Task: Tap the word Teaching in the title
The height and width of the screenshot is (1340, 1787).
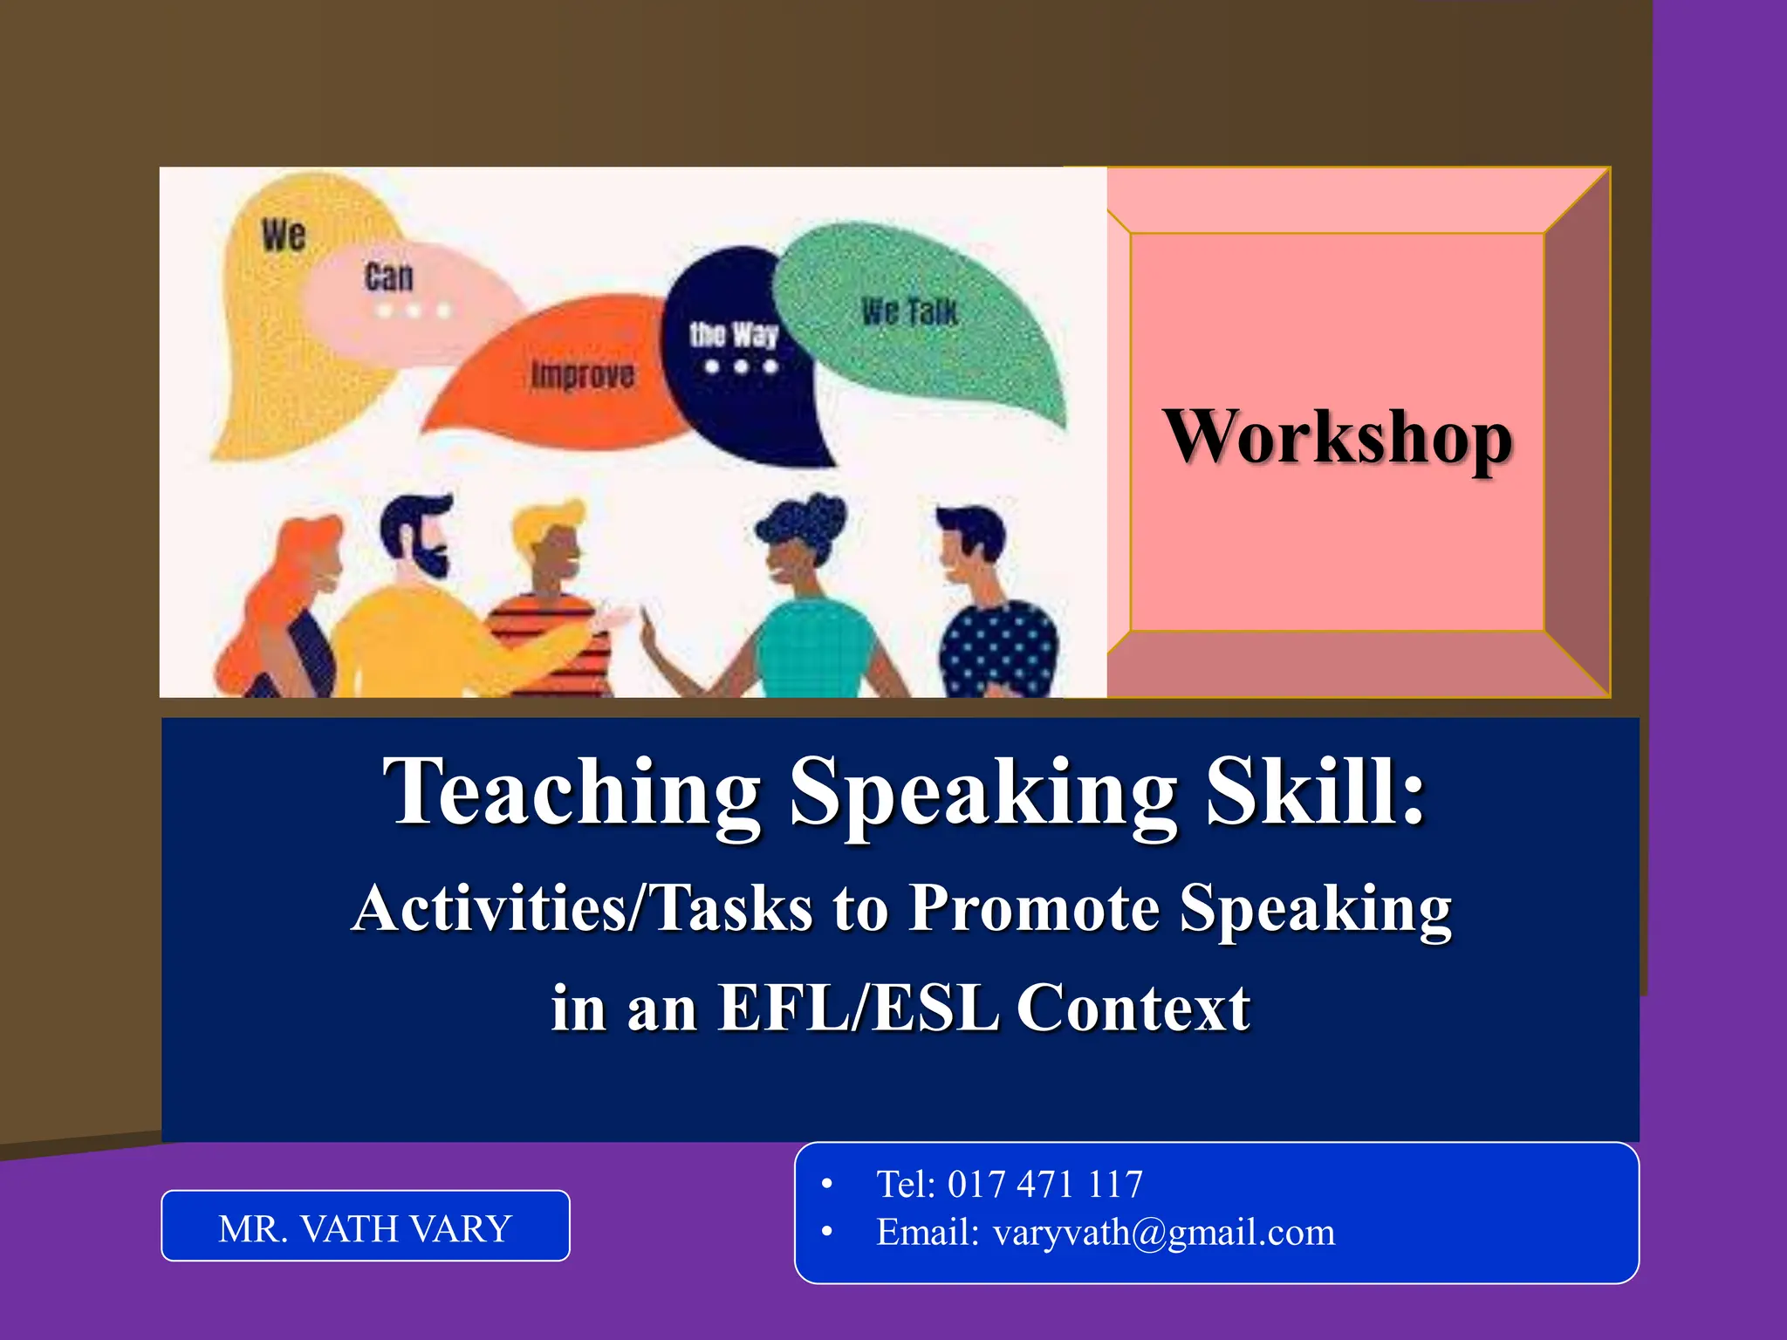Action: tap(572, 792)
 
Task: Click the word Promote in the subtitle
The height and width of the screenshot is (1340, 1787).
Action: tap(1034, 909)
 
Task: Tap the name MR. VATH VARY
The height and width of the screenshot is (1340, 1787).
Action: tap(365, 1228)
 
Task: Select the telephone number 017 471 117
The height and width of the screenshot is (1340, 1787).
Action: tap(1044, 1185)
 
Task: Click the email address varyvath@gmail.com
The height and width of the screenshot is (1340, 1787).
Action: tap(1163, 1233)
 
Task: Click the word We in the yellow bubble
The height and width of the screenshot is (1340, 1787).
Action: tap(284, 236)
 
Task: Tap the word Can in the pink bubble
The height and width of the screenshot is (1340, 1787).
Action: tap(388, 277)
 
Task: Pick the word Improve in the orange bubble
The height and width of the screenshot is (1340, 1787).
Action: tap(583, 375)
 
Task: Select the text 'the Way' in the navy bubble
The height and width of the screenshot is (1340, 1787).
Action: tap(733, 334)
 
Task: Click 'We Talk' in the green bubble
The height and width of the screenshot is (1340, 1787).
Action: tap(909, 311)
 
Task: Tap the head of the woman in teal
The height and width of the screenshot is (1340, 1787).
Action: tap(798, 541)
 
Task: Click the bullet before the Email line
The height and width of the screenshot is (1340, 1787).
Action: tap(827, 1232)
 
